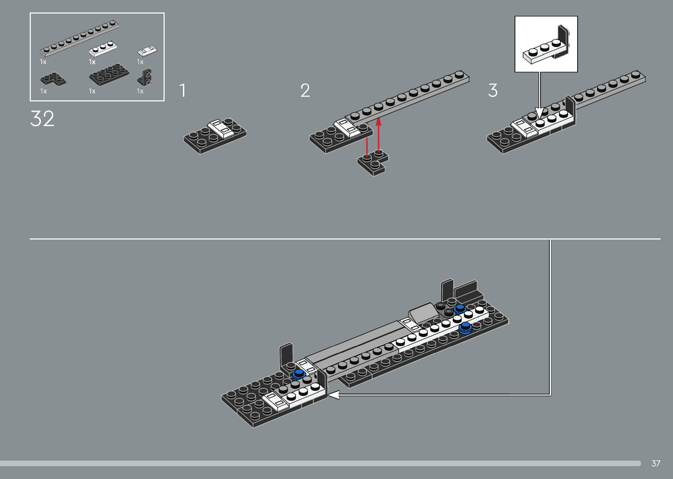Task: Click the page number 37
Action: [656, 463]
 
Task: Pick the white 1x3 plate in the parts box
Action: [103, 49]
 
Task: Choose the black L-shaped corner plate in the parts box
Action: [53, 79]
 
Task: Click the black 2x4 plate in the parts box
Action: [109, 74]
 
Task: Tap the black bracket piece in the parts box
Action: [145, 77]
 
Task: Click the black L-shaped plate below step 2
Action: [373, 163]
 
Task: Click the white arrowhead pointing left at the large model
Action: [334, 395]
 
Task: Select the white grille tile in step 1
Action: [221, 129]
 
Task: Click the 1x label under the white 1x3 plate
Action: [92, 62]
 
